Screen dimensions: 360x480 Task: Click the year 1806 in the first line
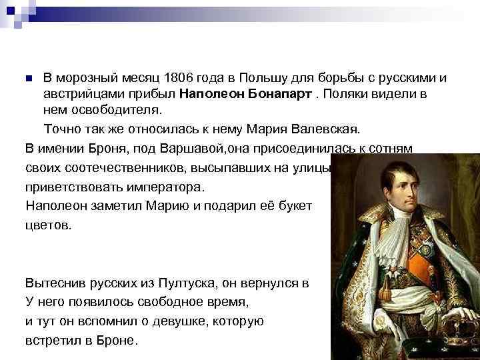coord(183,79)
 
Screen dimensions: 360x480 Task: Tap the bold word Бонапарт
coord(275,93)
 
